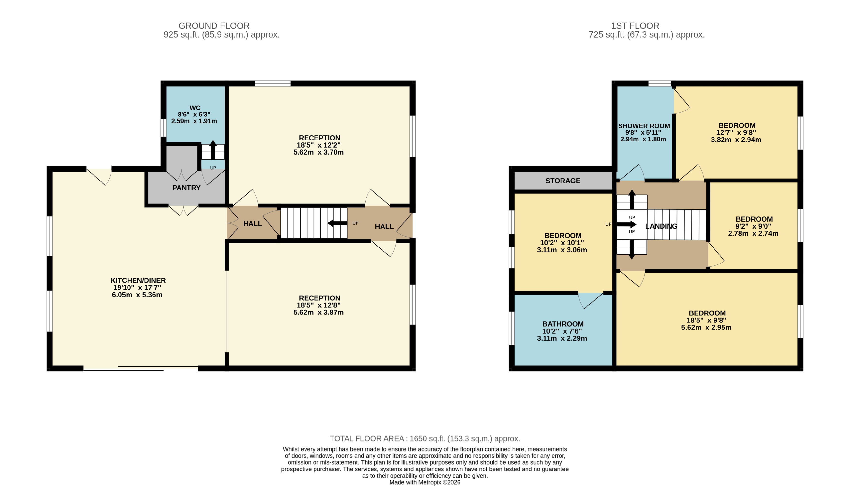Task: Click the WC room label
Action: point(195,108)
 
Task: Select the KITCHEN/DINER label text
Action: point(138,280)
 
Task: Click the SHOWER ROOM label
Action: point(644,126)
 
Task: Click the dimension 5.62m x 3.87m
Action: point(318,313)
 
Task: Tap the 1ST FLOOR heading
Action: point(635,26)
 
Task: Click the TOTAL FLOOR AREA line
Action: point(425,439)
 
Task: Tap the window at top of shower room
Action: point(659,83)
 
